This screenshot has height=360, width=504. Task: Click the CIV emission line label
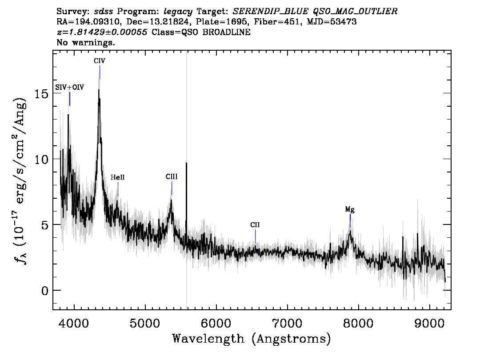coord(99,61)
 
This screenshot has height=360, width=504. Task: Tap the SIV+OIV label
coord(69,87)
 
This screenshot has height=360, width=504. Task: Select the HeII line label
coord(118,177)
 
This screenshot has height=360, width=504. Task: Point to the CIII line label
coord(172,177)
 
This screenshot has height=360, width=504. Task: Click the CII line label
coord(255,225)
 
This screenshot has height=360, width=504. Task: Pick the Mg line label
coord(350,210)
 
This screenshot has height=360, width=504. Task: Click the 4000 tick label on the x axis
coord(74,323)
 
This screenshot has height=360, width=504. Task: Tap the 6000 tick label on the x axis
coord(216,323)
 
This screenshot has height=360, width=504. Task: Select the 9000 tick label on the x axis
coord(429,323)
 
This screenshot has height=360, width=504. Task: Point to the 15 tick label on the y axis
coord(41,93)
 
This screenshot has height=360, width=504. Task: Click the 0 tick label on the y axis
coord(45,290)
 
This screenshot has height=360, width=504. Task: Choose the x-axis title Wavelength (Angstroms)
coord(252,339)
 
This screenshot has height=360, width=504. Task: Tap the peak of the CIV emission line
coord(99,89)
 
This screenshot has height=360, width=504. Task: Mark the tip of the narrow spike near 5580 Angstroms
coord(186,163)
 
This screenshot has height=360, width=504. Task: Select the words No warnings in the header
coord(85,42)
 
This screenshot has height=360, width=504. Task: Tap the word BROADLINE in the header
coord(226,32)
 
